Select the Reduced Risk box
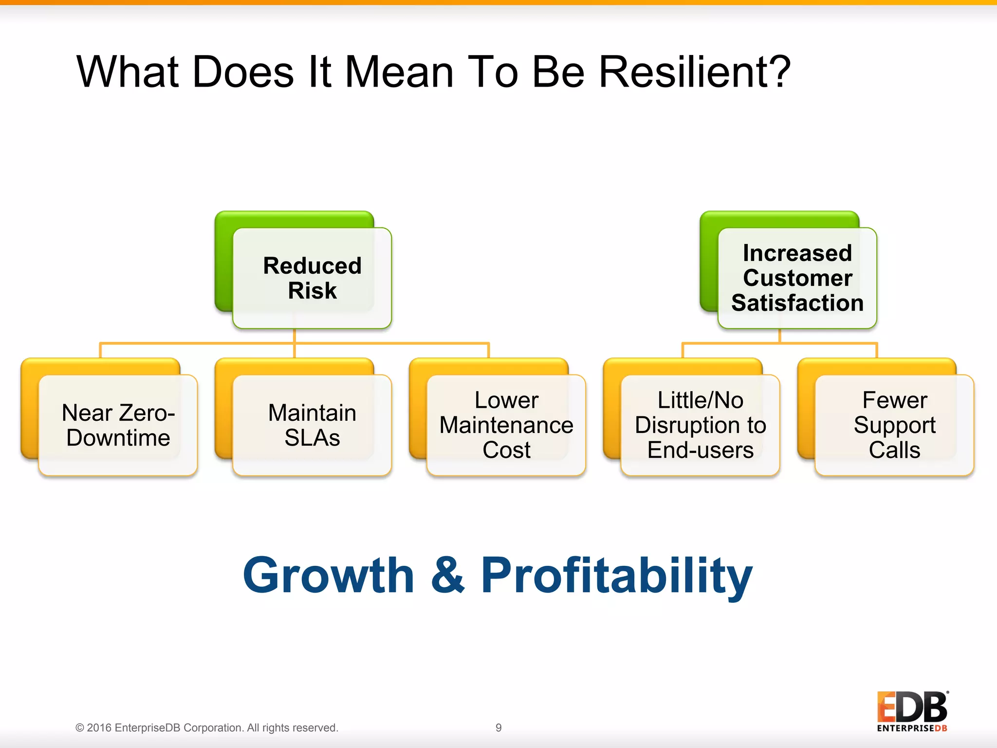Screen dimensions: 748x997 coord(312,278)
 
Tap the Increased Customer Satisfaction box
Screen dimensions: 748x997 coord(797,278)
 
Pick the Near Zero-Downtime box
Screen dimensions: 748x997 coord(118,425)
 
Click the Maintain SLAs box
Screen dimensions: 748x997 coord(312,425)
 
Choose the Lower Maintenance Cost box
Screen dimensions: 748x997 coord(506,425)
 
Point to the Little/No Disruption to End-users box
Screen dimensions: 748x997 coord(700,425)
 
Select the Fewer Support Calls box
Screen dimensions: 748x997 coord(894,425)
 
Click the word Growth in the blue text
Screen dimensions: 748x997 coord(329,576)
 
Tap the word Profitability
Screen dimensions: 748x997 coord(616,576)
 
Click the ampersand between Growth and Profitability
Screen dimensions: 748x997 coord(447,576)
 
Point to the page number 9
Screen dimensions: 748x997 coord(498,728)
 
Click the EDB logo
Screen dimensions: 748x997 coord(912,711)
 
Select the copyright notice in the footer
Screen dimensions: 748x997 coord(206,728)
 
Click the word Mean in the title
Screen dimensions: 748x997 coord(399,72)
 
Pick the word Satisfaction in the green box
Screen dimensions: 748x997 coord(797,303)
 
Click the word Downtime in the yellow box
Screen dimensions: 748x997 coord(118,438)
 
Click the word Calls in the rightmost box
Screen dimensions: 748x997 coord(894,450)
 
